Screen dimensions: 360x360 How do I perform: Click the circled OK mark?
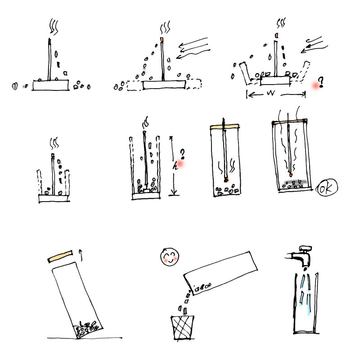pyautogui.click(x=327, y=188)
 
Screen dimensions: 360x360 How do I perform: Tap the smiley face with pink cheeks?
pyautogui.click(x=170, y=257)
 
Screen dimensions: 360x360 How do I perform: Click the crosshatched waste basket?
pyautogui.click(x=182, y=328)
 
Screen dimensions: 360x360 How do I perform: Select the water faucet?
pyautogui.click(x=300, y=256)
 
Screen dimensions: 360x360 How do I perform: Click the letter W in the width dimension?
pyautogui.click(x=271, y=93)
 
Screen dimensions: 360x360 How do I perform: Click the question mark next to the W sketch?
pyautogui.click(x=321, y=82)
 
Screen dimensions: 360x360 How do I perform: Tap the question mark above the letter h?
pyautogui.click(x=183, y=154)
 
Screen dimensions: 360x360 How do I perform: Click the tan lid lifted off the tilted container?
pyautogui.click(x=60, y=256)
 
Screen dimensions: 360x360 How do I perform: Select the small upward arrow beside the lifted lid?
pyautogui.click(x=81, y=255)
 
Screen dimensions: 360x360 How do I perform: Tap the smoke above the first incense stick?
pyautogui.click(x=54, y=27)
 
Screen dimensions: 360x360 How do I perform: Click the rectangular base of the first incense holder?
pyautogui.click(x=50, y=85)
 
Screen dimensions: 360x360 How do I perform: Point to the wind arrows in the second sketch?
pyautogui.click(x=193, y=48)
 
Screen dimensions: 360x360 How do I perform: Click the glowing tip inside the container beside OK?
pyautogui.click(x=291, y=175)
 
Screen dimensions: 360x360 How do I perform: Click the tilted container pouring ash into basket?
pyautogui.click(x=221, y=273)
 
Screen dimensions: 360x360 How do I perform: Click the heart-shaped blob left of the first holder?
pyautogui.click(x=15, y=86)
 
